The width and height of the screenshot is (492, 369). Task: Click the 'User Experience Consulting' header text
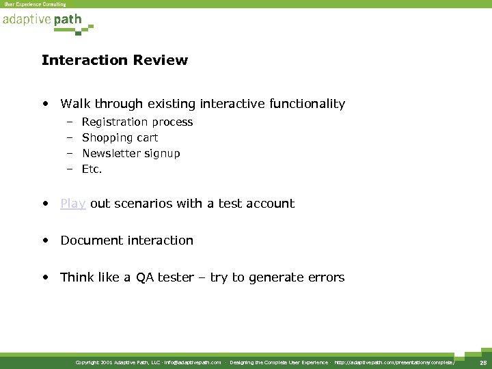click(35, 4)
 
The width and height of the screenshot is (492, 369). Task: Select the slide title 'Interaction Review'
click(114, 60)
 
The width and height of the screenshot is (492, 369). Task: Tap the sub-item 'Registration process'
click(137, 122)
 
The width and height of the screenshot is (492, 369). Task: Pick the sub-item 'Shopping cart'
click(120, 138)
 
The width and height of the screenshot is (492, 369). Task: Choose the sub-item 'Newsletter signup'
click(131, 154)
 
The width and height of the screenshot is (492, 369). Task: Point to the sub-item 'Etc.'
click(92, 169)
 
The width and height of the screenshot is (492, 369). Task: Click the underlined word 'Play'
click(73, 204)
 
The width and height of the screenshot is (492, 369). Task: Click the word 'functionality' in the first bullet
click(306, 104)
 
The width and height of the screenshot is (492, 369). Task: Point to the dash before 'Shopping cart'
click(70, 138)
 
